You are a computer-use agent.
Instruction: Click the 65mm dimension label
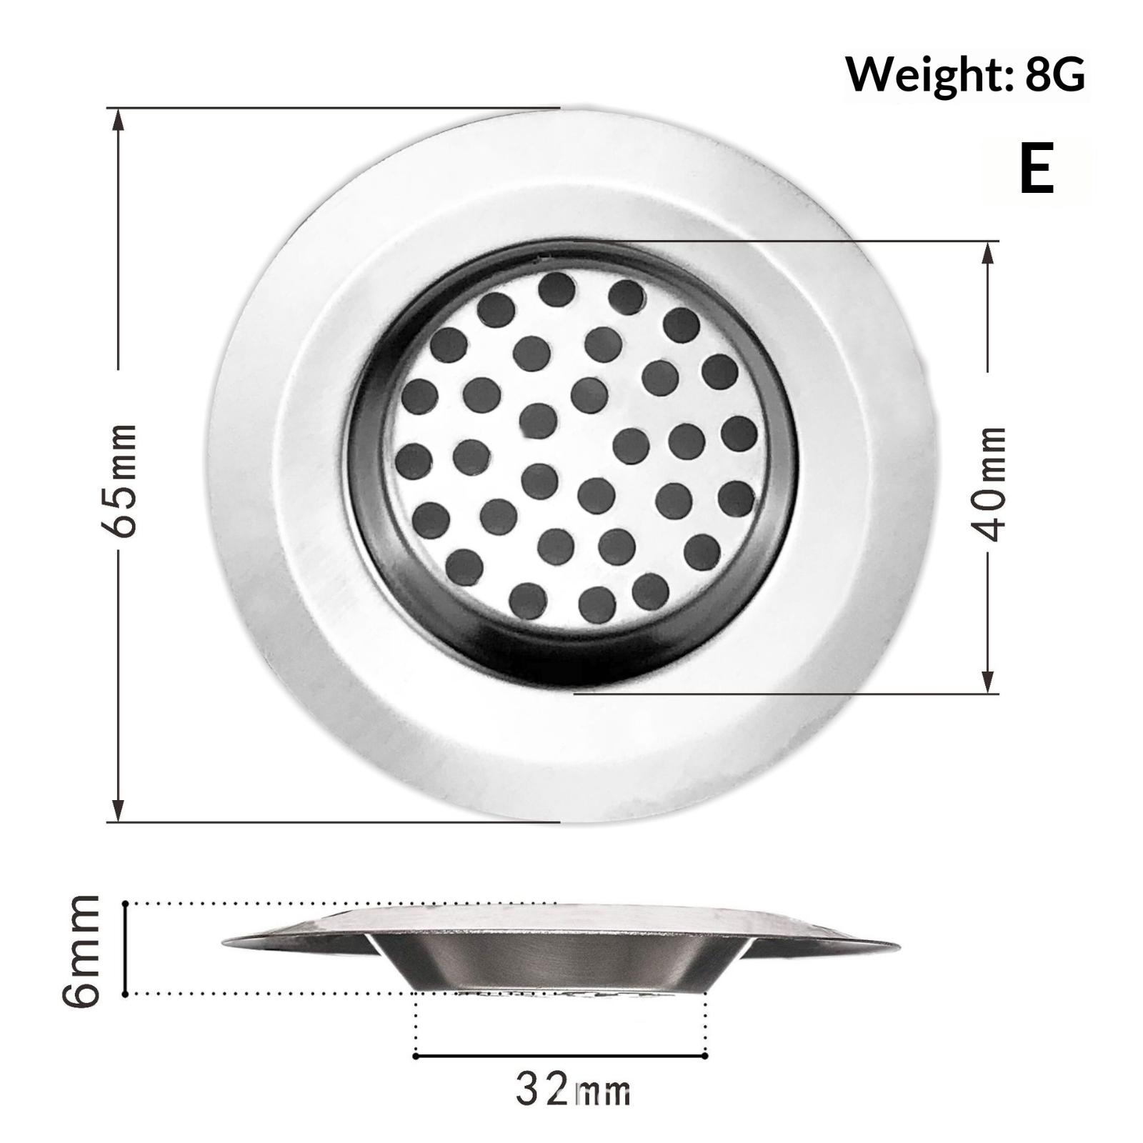118,480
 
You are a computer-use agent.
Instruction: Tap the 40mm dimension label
989,484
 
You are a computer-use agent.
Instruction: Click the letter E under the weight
1037,169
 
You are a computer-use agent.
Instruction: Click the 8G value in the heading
1055,74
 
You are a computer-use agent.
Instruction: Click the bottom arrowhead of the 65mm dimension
119,809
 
